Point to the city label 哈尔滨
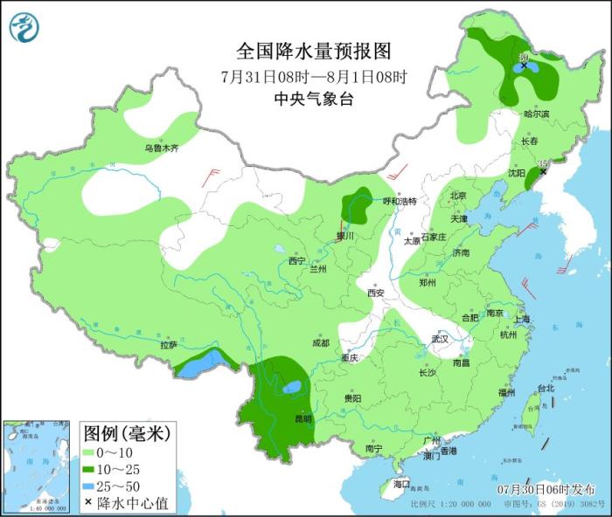pyautogui.click(x=536, y=114)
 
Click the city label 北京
pyautogui.click(x=458, y=196)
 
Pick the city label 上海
pyautogui.click(x=523, y=319)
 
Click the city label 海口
pyautogui.click(x=400, y=483)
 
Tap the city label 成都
pyautogui.click(x=321, y=343)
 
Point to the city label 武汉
pyautogui.click(x=439, y=339)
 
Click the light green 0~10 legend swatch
pyautogui.click(x=90, y=452)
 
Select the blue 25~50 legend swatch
pyautogui.click(x=90, y=486)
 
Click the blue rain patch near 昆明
pyautogui.click(x=292, y=386)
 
